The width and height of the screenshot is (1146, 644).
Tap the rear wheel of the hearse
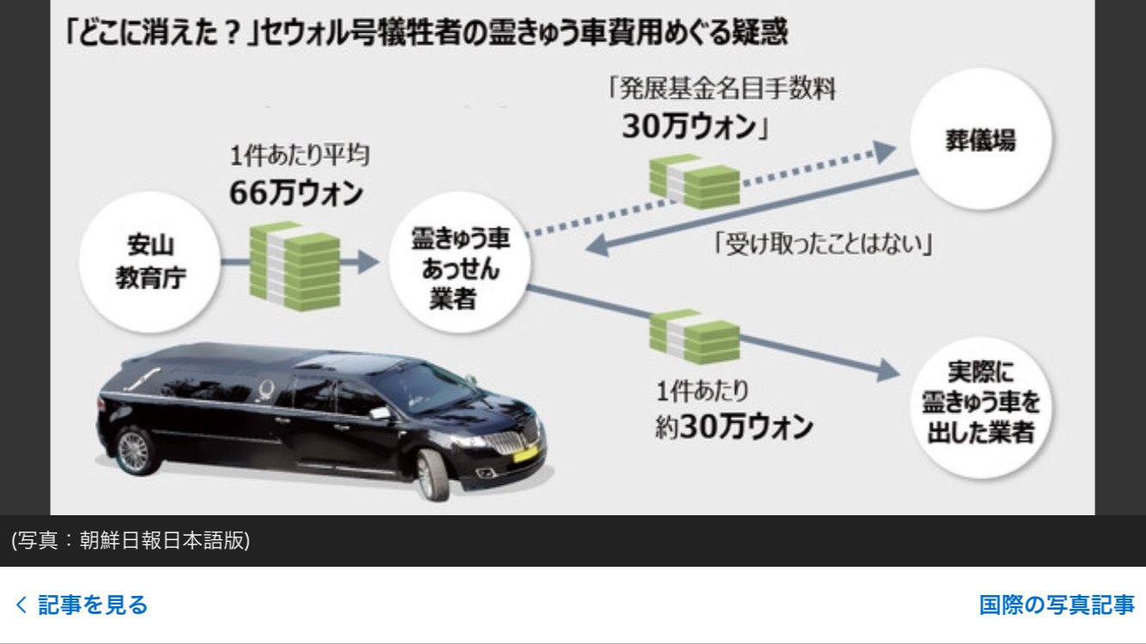click(x=133, y=449)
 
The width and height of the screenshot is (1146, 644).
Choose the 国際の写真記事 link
click(x=1057, y=605)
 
